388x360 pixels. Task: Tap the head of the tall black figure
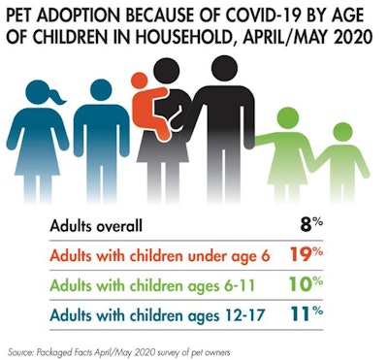[224, 71]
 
